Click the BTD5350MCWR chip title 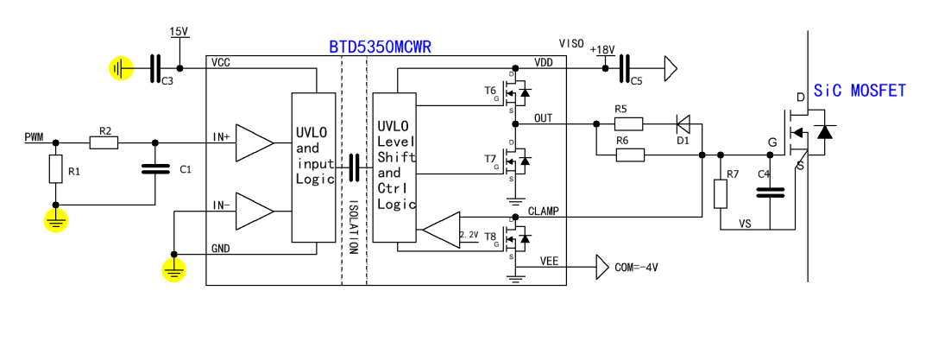tap(380, 47)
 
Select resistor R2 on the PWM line tap(104, 142)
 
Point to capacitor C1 tap(155, 170)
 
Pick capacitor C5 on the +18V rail tap(625, 66)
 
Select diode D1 tap(683, 123)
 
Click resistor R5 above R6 tap(629, 123)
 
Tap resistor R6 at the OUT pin tap(629, 155)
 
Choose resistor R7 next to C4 tap(721, 194)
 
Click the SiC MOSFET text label tap(860, 90)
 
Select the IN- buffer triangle tap(253, 210)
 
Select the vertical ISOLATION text tap(353, 226)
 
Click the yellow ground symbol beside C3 tap(121, 67)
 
